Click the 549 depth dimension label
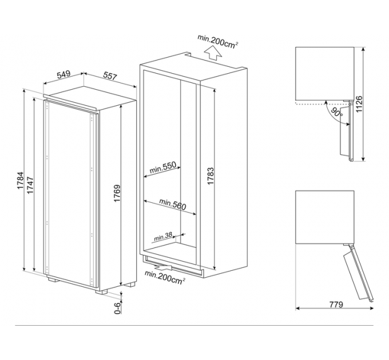pyautogui.click(x=63, y=74)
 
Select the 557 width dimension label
pyautogui.click(x=110, y=77)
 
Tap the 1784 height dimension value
pyautogui.click(x=21, y=181)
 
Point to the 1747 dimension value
pyautogui.click(x=30, y=185)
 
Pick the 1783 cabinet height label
pyautogui.click(x=211, y=176)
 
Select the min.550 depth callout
pyautogui.click(x=162, y=167)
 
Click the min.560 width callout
pyautogui.click(x=172, y=204)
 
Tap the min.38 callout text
pyautogui.click(x=163, y=237)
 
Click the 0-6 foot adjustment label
pyautogui.click(x=117, y=308)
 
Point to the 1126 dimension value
pyautogui.click(x=359, y=104)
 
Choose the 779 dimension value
pyautogui.click(x=336, y=304)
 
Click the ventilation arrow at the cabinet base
pyautogui.click(x=163, y=267)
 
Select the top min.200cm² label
pyautogui.click(x=218, y=41)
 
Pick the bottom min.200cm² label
pyautogui.click(x=165, y=277)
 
